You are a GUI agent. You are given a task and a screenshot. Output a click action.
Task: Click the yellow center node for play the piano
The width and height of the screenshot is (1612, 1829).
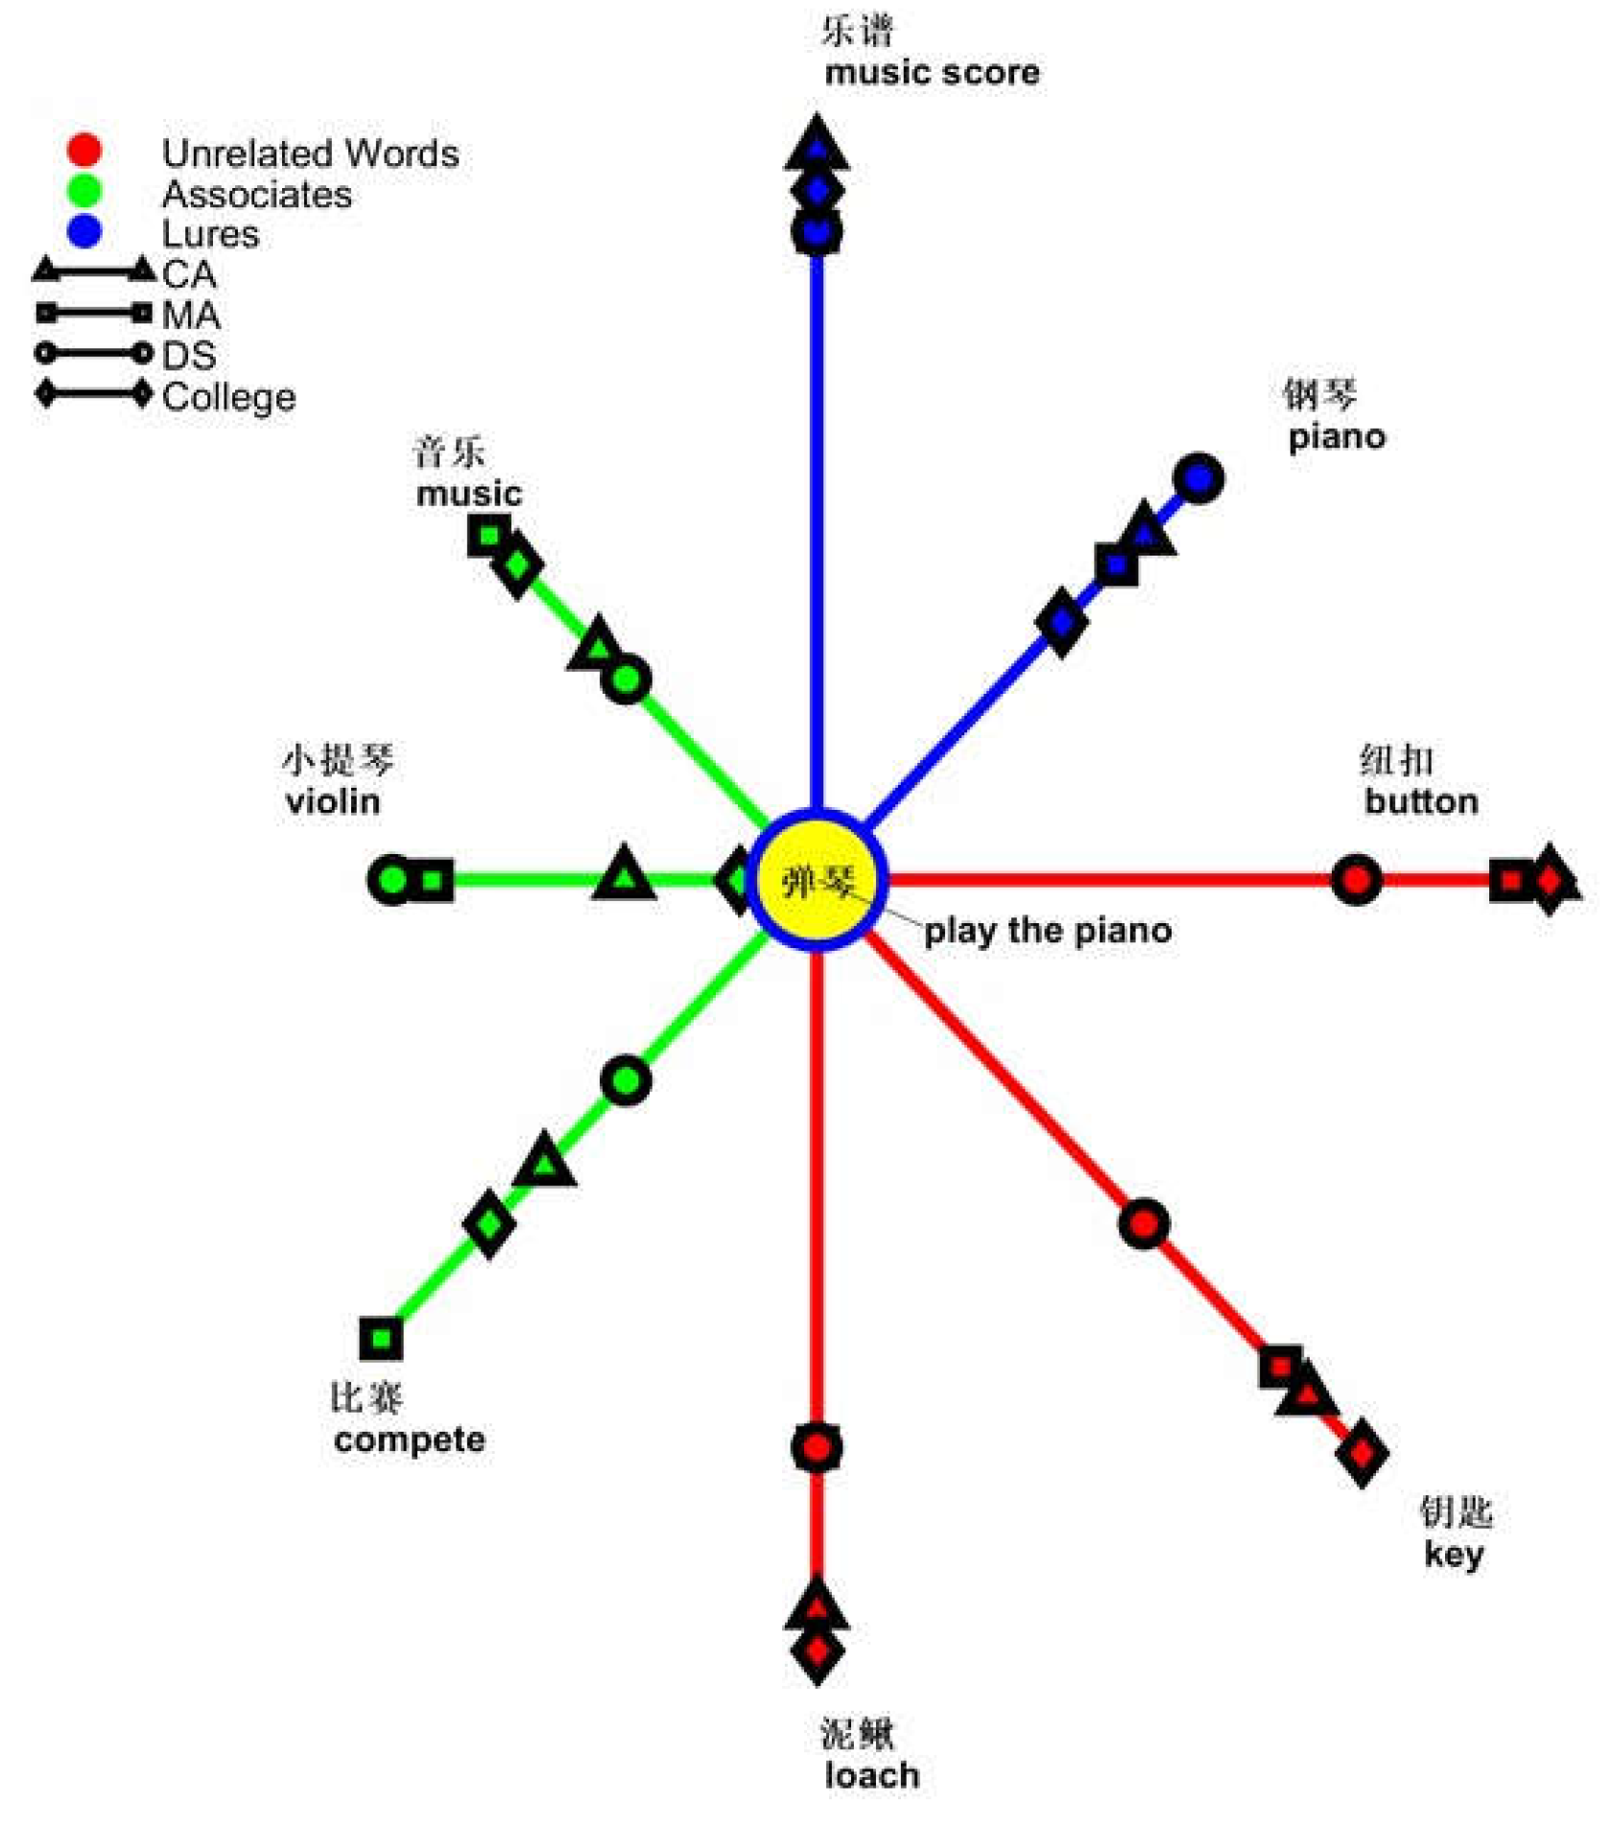817,879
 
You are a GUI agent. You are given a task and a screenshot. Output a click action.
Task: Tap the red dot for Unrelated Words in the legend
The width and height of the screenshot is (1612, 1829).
84,150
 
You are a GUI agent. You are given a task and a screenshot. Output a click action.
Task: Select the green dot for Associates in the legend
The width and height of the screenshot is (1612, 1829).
84,191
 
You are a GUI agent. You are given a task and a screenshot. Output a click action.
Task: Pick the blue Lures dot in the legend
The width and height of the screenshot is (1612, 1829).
84,231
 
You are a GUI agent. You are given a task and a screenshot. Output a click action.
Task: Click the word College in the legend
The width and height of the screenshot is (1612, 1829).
228,396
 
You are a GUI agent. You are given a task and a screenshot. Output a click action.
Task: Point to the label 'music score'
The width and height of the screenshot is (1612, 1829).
932,73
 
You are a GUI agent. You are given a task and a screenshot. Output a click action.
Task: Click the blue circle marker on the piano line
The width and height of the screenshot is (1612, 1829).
1198,478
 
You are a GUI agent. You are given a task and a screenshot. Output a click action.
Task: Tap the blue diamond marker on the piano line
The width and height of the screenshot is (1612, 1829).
1061,622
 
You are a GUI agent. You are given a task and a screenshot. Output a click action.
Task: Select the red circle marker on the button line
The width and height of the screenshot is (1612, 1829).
1356,879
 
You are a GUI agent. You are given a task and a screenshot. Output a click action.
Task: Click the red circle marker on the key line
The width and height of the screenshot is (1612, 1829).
1143,1223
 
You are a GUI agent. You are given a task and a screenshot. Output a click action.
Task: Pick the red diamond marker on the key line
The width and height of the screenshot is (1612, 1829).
1361,1455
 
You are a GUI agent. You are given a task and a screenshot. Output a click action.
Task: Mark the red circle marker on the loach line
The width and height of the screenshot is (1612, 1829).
817,1447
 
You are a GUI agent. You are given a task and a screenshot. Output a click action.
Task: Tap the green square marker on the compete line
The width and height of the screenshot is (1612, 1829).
381,1339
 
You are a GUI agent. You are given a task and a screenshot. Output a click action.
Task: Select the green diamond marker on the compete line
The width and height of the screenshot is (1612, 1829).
488,1224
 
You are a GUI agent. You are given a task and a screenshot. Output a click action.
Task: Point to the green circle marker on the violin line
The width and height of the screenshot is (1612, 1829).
391,879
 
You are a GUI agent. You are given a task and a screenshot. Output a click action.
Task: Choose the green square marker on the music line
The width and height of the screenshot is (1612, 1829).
488,535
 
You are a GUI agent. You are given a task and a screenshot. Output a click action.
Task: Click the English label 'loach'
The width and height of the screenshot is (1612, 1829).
871,1775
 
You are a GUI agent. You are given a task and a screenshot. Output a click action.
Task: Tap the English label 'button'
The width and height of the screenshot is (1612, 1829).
1421,801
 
